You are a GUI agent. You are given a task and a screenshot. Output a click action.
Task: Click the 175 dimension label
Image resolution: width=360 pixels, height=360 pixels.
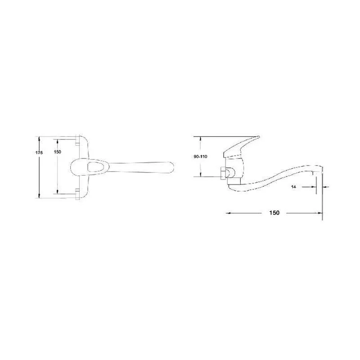(x=39, y=153)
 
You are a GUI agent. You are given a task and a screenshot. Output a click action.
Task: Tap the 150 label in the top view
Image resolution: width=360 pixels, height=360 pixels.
(x=58, y=152)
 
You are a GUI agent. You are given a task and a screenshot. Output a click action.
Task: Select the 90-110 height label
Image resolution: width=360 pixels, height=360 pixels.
(x=200, y=157)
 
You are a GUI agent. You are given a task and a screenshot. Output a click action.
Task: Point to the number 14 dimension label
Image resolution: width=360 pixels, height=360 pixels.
(x=293, y=187)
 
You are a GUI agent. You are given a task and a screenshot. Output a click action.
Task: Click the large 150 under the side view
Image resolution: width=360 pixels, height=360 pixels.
(x=274, y=213)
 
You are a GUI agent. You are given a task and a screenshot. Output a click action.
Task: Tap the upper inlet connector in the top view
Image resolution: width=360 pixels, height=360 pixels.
(x=77, y=141)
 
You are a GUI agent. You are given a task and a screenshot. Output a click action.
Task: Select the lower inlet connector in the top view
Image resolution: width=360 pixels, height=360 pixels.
(x=77, y=194)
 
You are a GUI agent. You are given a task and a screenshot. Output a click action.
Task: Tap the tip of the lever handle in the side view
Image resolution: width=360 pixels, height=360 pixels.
(x=258, y=137)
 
